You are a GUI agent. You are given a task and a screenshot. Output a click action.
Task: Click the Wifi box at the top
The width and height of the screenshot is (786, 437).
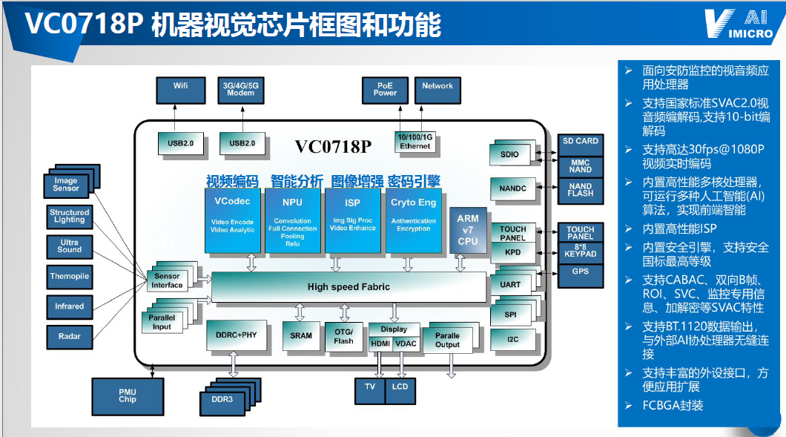[180, 90]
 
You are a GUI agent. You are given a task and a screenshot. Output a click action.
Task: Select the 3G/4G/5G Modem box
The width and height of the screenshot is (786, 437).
[240, 90]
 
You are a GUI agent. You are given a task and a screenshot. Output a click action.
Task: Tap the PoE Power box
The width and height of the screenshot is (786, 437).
[385, 90]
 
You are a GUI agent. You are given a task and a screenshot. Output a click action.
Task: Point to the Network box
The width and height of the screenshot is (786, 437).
[437, 90]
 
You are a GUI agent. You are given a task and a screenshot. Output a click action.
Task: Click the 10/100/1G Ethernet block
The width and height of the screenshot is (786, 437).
[415, 142]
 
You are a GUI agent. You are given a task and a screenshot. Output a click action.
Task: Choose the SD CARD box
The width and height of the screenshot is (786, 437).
[580, 142]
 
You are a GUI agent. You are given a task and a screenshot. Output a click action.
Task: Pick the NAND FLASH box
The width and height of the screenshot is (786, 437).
[580, 190]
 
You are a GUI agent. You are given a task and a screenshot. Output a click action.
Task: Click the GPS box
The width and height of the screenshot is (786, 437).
[580, 272]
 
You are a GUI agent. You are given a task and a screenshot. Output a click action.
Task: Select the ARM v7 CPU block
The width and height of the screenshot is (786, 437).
[468, 230]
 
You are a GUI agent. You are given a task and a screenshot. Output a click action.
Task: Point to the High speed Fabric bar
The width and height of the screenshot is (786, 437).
[349, 286]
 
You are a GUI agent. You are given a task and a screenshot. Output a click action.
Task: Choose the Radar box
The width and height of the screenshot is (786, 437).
[70, 337]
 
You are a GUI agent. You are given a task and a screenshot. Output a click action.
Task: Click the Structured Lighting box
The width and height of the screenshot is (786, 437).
[70, 216]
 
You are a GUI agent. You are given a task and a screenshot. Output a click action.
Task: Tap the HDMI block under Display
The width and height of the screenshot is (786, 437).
[380, 344]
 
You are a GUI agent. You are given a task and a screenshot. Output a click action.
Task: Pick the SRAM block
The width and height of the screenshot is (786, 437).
[301, 336]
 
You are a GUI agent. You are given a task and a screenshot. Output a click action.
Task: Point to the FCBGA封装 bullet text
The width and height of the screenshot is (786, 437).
[673, 405]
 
